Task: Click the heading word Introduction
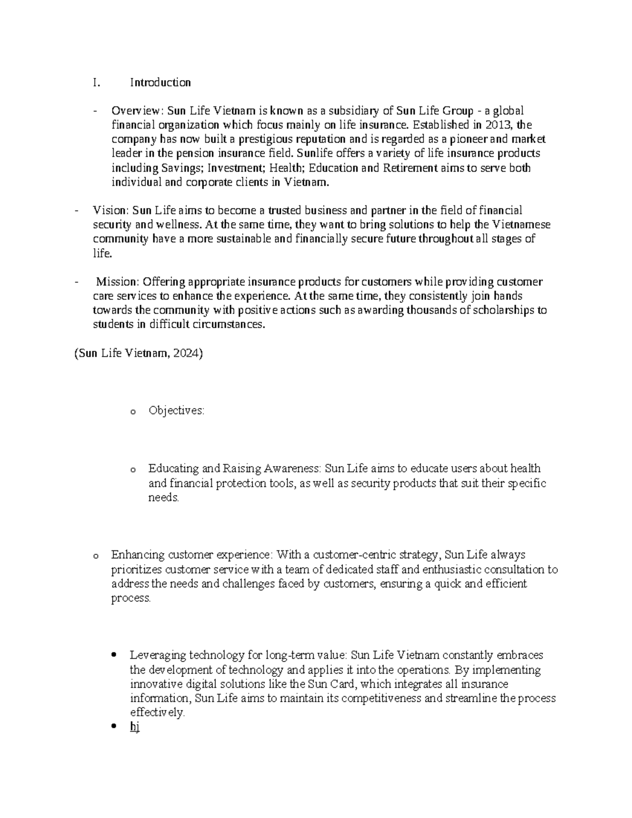click(x=160, y=82)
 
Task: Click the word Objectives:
click(x=176, y=410)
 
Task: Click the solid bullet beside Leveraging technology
click(x=114, y=656)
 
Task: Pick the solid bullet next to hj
click(x=114, y=727)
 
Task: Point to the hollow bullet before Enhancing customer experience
click(x=95, y=556)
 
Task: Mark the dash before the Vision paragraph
click(x=77, y=211)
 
